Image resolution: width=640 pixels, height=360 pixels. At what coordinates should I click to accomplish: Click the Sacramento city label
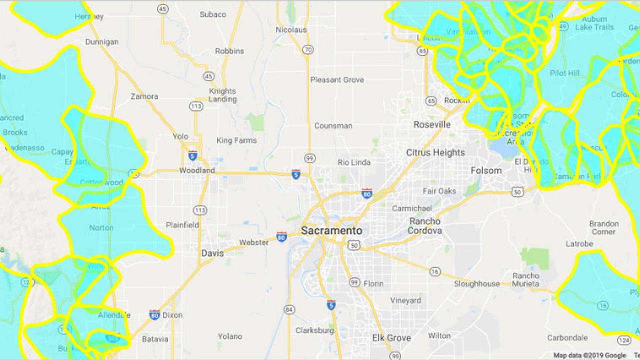[x=331, y=230]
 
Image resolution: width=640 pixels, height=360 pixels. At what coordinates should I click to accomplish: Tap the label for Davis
[x=212, y=253]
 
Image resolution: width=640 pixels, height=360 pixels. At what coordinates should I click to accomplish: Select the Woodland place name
[x=196, y=170]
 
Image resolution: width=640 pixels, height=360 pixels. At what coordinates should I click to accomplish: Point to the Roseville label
[x=432, y=124]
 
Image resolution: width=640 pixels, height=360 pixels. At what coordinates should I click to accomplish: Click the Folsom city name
[x=486, y=170]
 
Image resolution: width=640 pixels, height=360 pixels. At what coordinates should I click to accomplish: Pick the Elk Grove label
[x=391, y=338]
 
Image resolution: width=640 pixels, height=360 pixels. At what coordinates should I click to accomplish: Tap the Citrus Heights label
[x=435, y=152]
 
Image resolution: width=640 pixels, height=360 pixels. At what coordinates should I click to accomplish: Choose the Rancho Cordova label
[x=424, y=226]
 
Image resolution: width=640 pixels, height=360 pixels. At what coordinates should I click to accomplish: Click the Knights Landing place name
[x=222, y=95]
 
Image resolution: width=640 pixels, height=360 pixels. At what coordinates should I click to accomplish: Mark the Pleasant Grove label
[x=337, y=80]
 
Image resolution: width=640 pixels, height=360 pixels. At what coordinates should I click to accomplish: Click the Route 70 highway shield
[x=308, y=49]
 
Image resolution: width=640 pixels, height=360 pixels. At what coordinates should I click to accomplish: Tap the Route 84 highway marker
[x=289, y=310]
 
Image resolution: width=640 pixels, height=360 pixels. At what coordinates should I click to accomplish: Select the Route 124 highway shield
[x=623, y=340]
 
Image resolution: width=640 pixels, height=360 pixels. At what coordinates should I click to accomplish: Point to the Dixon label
[x=172, y=315]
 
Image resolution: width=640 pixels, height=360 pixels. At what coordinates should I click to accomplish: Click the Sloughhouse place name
[x=476, y=283]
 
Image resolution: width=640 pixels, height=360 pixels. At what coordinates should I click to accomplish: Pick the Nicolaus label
[x=291, y=30]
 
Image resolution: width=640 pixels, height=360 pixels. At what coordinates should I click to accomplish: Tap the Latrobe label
[x=579, y=244]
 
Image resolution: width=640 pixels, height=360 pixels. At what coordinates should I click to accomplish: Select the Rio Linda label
[x=354, y=162]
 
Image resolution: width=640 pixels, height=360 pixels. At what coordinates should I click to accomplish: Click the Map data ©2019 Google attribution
[x=589, y=355]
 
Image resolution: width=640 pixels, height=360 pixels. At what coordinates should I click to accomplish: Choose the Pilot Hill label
[x=564, y=73]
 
